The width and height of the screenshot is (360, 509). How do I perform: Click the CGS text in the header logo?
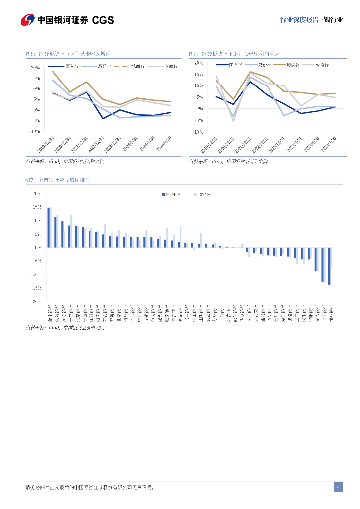[x=103, y=20]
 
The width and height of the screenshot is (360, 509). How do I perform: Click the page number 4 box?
[x=338, y=487]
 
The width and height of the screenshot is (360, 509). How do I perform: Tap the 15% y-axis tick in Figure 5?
[x=35, y=78]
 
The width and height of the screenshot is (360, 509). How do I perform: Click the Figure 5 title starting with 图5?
[x=68, y=54]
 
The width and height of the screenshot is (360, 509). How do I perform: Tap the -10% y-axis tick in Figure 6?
[x=197, y=132]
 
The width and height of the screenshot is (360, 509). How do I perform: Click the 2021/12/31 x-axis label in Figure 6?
[x=243, y=144]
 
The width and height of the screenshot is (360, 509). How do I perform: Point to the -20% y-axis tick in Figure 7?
[x=36, y=301]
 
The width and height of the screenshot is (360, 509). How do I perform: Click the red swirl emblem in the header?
[x=27, y=20]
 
